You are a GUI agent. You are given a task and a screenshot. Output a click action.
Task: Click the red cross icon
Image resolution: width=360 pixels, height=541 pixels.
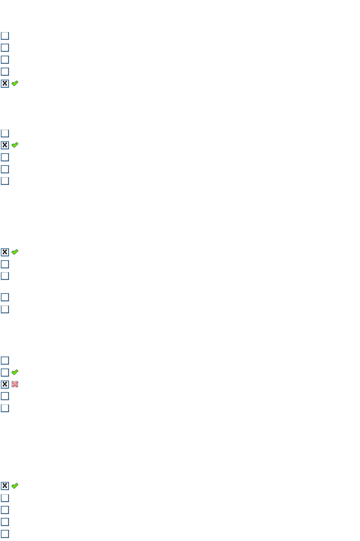click(15, 384)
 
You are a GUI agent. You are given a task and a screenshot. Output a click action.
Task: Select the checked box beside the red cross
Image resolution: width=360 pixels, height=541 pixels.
click(5, 384)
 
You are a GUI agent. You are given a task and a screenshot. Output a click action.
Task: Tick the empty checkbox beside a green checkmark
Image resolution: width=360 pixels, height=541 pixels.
click(5, 372)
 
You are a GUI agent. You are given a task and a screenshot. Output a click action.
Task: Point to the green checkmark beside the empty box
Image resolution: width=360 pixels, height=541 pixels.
click(15, 372)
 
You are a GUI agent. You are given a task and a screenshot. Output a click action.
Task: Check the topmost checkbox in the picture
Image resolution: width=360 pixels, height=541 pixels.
click(5, 36)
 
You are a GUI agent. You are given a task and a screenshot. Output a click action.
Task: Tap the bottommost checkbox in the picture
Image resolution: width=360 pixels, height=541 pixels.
click(5, 534)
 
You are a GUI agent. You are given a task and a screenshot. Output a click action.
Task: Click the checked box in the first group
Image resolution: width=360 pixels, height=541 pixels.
click(5, 83)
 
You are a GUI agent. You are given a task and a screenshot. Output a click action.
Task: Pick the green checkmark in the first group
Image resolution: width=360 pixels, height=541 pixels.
click(15, 83)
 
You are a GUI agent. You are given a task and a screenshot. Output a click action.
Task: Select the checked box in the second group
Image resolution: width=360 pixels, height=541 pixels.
click(5, 145)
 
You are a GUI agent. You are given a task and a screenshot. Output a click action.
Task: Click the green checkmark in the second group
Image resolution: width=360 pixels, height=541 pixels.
click(15, 145)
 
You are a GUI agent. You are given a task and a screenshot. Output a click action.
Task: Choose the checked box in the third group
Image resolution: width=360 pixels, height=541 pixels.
click(5, 252)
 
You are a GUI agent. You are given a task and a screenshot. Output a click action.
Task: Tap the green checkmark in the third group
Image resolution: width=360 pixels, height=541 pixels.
click(15, 252)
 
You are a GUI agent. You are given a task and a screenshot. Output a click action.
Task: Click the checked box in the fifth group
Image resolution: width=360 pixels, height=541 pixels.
click(5, 486)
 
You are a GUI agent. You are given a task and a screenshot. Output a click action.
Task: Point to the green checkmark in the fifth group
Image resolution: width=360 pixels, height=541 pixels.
click(15, 486)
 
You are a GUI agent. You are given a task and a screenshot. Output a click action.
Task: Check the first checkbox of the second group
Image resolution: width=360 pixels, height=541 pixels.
click(5, 133)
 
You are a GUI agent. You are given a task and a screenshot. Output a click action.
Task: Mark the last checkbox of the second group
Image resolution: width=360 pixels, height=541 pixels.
click(5, 181)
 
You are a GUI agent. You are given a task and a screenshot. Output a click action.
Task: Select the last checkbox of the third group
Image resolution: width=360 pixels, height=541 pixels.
click(5, 309)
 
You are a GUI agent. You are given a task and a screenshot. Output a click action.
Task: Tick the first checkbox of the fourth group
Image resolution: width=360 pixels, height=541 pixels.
click(5, 360)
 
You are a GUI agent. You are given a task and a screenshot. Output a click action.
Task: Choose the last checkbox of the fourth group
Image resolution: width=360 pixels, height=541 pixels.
click(5, 408)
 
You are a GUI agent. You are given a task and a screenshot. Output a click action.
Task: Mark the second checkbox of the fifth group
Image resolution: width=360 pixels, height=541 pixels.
click(5, 498)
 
